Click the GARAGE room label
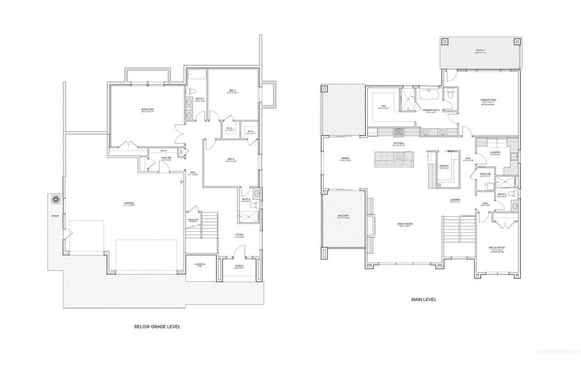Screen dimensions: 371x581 (x=130, y=203)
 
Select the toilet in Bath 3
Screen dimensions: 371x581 (x=192, y=92)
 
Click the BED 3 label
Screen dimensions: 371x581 (x=232, y=90)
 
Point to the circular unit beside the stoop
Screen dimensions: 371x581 (x=56, y=200)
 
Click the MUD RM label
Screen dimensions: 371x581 (x=166, y=158)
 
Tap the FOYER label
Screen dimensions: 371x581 (x=239, y=234)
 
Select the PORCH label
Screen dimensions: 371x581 (x=239, y=266)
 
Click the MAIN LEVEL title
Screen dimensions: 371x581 (x=423, y=299)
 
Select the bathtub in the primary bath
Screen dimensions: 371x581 (x=429, y=95)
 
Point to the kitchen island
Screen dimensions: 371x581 (x=395, y=160)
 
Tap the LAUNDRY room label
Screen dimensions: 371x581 (x=495, y=152)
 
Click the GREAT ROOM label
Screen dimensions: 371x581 (x=405, y=224)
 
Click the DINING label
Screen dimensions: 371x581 (x=346, y=159)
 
